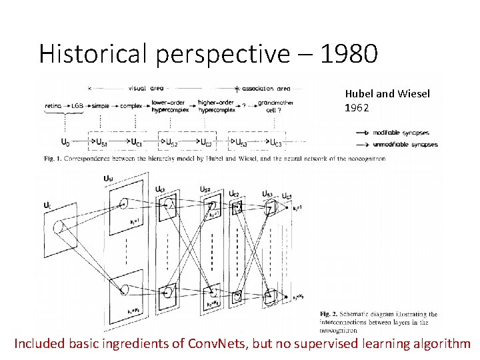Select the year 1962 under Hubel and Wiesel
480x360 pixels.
point(357,107)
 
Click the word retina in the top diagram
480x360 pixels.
point(53,105)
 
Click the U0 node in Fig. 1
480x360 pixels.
point(65,142)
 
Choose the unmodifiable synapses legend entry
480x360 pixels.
point(405,144)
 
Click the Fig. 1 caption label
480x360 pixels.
point(49,159)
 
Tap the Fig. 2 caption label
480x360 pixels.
point(329,314)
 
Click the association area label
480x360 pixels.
point(266,88)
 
